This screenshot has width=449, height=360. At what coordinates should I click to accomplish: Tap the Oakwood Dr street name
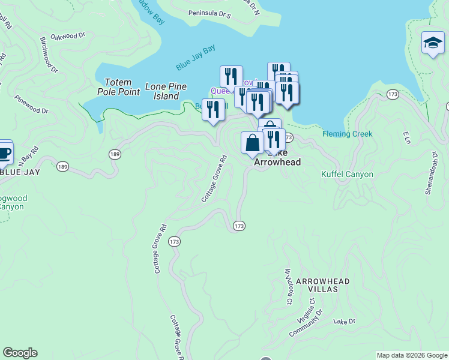pyautogui.click(x=68, y=36)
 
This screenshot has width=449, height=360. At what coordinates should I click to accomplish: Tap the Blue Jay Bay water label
pyautogui.click(x=196, y=58)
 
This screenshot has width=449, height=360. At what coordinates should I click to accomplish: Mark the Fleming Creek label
pyautogui.click(x=347, y=134)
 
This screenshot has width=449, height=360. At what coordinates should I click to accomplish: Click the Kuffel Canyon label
pyautogui.click(x=347, y=175)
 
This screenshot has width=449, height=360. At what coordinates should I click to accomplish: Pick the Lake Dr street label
pyautogui.click(x=345, y=322)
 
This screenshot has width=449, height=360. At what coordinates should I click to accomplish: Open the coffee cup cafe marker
pyautogui.click(x=4, y=152)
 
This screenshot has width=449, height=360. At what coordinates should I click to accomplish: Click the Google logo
pyautogui.click(x=20, y=353)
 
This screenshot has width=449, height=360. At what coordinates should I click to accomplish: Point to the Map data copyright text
pyautogui.click(x=411, y=355)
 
